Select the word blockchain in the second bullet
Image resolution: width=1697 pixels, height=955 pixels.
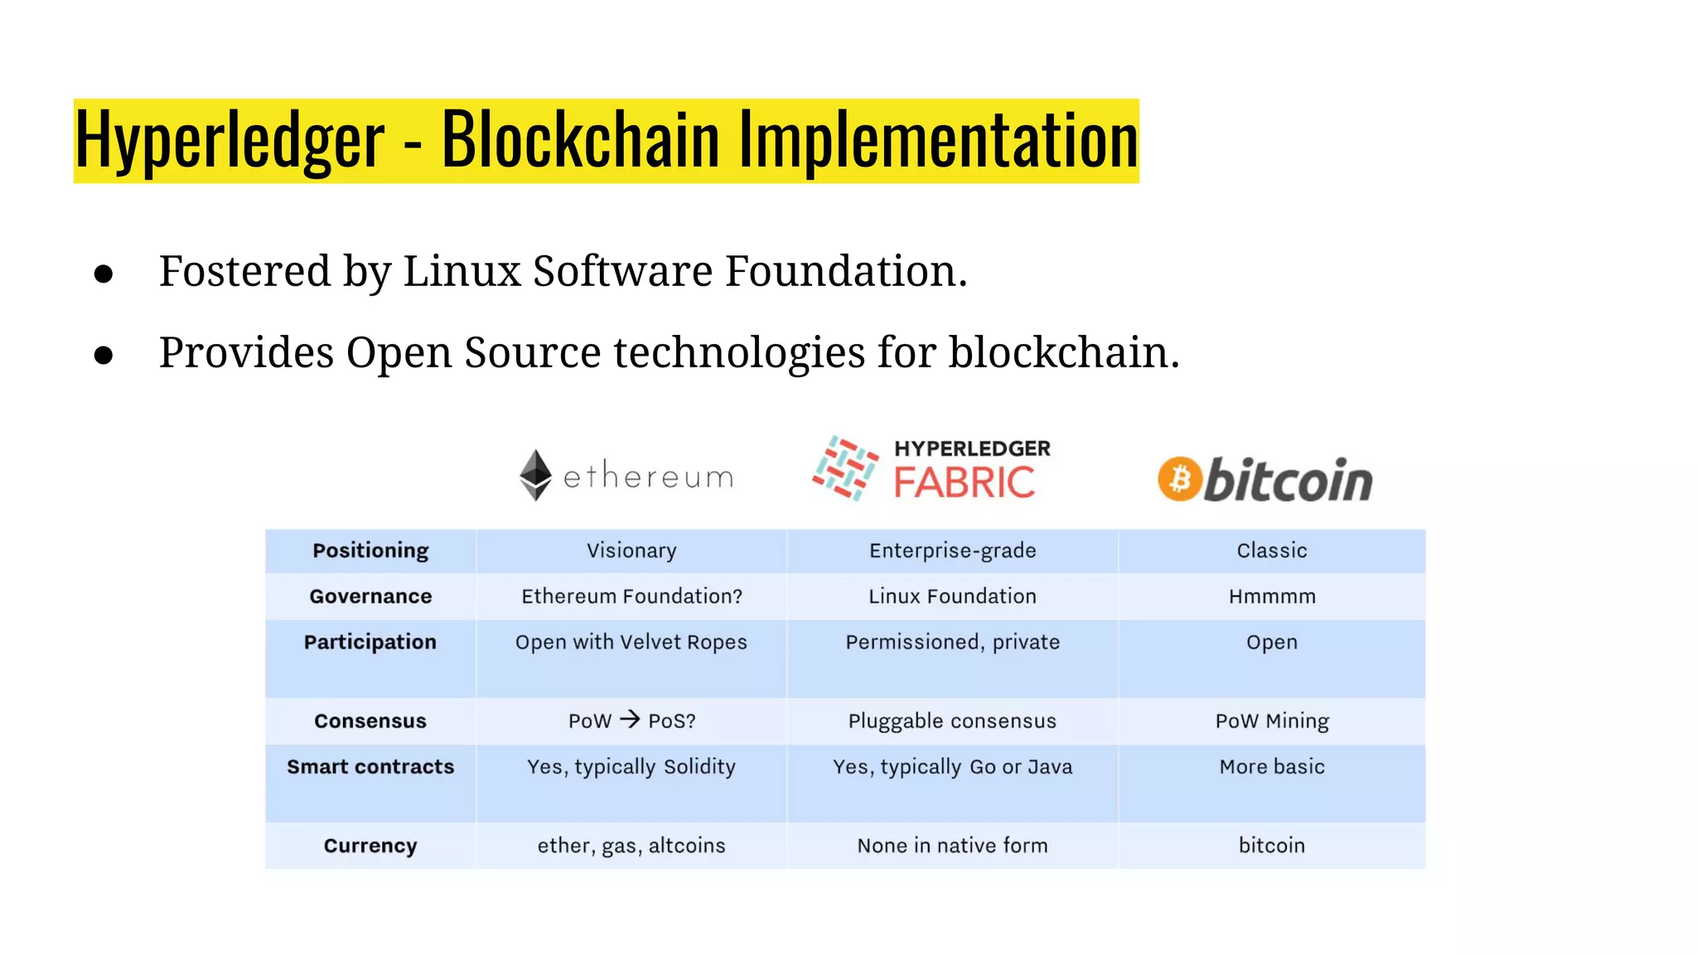[x=1063, y=352]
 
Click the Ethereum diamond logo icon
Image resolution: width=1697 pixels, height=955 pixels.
[x=535, y=475]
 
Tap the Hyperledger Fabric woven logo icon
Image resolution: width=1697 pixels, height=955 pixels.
[x=845, y=468]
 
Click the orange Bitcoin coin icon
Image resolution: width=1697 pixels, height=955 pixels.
[x=1179, y=479]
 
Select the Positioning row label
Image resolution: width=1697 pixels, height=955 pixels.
[x=370, y=550]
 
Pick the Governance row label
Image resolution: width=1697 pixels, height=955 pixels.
[x=370, y=596]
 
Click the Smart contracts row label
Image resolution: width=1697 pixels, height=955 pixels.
[x=370, y=767]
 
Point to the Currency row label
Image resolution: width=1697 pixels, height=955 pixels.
[x=370, y=846]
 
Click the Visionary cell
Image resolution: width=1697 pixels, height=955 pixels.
[x=631, y=550]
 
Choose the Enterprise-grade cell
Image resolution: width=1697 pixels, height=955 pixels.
[x=952, y=550]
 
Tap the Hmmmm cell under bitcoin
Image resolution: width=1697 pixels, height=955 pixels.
[x=1272, y=596]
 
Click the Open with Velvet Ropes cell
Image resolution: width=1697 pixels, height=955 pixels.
[x=631, y=642]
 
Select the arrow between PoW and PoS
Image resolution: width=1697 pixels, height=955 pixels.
[x=630, y=719]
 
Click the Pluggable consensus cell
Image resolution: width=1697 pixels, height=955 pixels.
[x=952, y=721]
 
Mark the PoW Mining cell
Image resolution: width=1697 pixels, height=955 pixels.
[x=1272, y=721]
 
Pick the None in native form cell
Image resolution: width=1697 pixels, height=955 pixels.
[x=952, y=846]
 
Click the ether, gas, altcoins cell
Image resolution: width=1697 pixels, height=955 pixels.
[x=631, y=846]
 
